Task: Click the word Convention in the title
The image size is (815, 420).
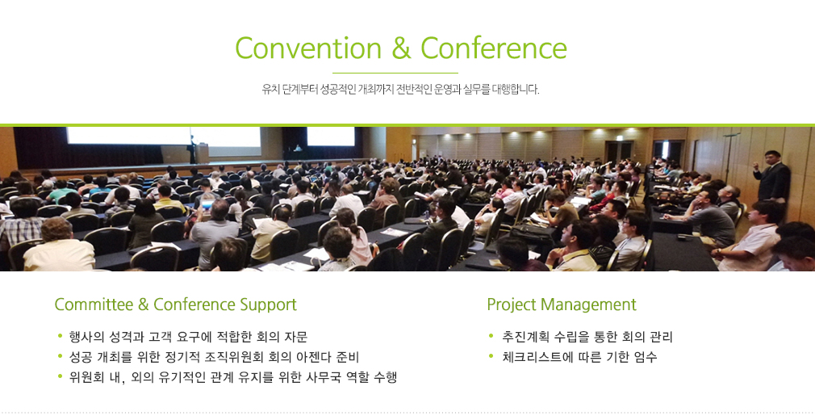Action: point(308,48)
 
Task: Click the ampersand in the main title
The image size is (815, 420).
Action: point(401,48)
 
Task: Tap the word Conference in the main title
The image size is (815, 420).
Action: point(493,48)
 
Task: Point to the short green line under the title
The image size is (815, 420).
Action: point(395,73)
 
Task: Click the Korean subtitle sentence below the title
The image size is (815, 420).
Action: point(401,90)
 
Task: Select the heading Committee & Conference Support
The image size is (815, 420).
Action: point(176,304)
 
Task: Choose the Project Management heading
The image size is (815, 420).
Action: point(562,304)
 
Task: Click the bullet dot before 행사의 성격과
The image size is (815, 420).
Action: point(61,336)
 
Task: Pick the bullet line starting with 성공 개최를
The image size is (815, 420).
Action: point(214,357)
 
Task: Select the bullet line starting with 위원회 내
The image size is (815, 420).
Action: point(233,377)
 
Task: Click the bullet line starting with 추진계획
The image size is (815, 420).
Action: point(587,337)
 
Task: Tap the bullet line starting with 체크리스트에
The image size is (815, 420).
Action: point(579,357)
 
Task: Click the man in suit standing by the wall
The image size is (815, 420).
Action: point(772,177)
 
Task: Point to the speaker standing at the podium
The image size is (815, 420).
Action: point(193,149)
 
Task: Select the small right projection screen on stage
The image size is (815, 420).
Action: point(331,136)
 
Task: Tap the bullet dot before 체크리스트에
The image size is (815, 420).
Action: point(491,356)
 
